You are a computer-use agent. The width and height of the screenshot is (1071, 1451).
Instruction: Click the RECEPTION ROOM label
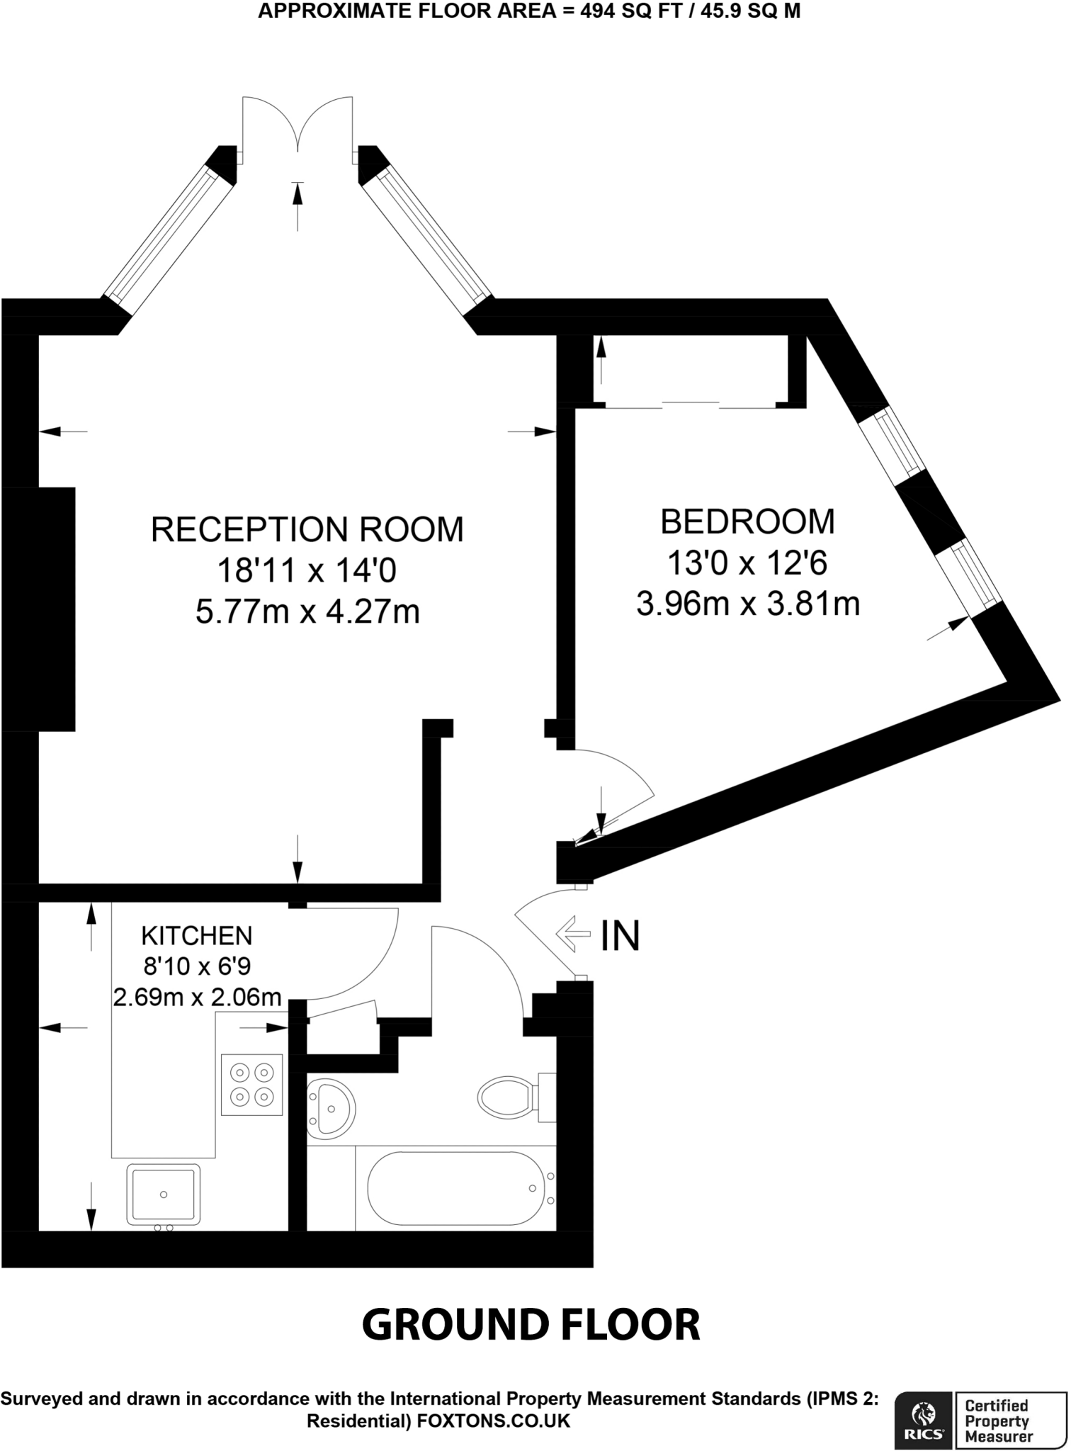coord(307,530)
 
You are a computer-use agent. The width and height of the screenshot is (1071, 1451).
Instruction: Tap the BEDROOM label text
coord(747,522)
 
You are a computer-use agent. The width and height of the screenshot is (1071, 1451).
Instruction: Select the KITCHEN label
coord(197,936)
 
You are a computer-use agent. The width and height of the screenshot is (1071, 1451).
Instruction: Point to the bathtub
coord(453,1188)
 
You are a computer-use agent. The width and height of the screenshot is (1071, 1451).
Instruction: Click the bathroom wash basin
coord(330,1107)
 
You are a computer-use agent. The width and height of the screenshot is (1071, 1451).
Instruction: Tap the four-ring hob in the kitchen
coord(252,1085)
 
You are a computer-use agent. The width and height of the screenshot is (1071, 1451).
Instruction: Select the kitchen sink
coord(163,1195)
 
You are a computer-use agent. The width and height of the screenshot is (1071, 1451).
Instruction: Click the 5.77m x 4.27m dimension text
coord(307,612)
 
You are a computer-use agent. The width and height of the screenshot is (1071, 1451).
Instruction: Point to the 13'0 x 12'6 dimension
coord(747,564)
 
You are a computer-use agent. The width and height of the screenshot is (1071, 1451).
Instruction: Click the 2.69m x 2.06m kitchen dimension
coord(197,997)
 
